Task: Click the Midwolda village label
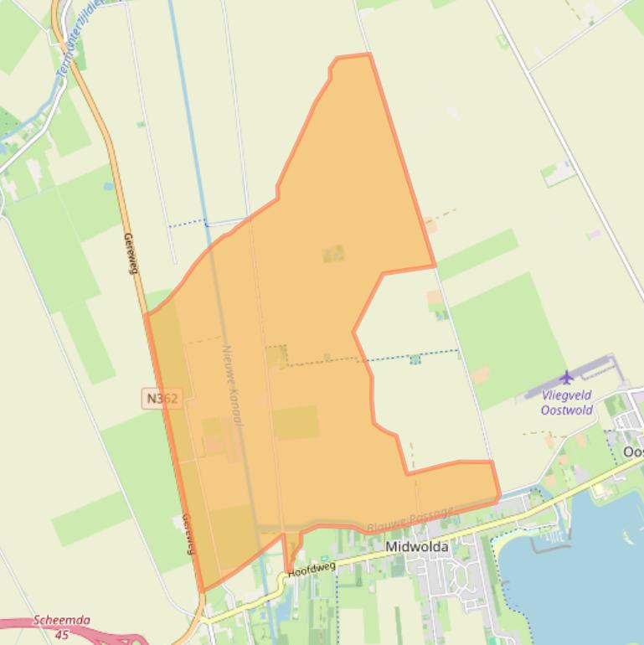416,547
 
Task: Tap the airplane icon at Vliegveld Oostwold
567,378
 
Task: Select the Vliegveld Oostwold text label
567,402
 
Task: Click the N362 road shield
162,399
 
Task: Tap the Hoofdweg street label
312,570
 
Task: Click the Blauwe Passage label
410,519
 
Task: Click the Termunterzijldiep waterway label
77,38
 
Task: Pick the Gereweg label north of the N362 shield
130,253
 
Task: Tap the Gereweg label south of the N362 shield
188,534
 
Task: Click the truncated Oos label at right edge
633,452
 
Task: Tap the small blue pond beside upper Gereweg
109,187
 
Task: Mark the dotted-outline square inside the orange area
276,356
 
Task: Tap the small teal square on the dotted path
415,359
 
